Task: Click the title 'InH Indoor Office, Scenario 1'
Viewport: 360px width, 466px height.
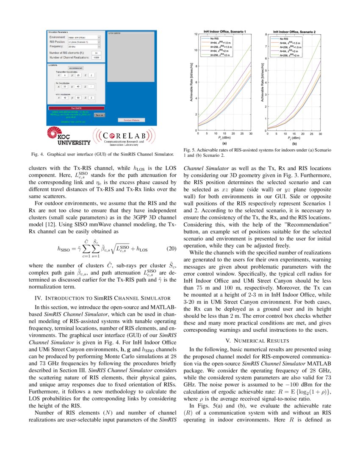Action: click(227, 31)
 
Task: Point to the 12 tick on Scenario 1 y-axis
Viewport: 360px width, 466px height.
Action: click(195, 34)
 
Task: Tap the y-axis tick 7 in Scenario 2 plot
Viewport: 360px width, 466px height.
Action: click(265, 46)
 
